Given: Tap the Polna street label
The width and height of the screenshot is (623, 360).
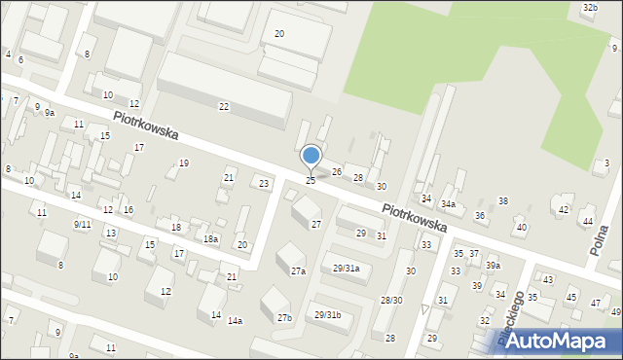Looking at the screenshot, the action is click(600, 240).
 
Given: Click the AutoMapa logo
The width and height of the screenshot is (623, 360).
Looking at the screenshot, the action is click(550, 341).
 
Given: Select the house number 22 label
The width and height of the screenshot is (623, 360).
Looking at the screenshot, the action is click(224, 106).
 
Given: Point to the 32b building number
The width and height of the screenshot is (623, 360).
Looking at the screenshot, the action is click(589, 8).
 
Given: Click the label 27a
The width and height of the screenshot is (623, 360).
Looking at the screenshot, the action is click(298, 271).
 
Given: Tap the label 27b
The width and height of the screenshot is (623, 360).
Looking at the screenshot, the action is click(283, 318).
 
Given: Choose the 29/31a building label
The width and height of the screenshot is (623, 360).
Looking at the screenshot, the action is click(347, 269).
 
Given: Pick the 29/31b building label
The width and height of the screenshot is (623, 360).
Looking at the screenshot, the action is click(327, 314).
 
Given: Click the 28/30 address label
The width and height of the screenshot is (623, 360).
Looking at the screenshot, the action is click(391, 301).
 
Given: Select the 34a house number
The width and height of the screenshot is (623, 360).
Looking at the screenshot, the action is click(448, 204).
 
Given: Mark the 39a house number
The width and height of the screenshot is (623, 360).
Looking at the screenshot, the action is click(494, 266).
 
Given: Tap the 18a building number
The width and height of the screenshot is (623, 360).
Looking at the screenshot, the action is click(210, 238).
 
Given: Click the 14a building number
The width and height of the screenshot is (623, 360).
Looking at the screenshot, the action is click(235, 320).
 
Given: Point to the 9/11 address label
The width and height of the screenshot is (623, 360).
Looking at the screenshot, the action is click(82, 224).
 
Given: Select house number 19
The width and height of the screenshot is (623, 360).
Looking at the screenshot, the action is click(183, 163).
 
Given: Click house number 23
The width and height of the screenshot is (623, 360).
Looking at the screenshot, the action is click(263, 183).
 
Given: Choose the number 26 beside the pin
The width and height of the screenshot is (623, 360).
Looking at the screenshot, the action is click(337, 172).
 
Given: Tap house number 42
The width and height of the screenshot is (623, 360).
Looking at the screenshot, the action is click(563, 209).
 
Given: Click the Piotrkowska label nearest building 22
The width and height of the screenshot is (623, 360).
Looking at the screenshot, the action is click(145, 125).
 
